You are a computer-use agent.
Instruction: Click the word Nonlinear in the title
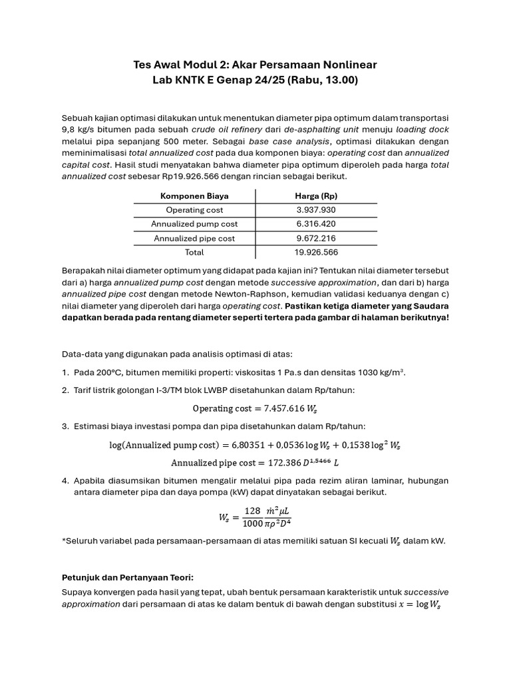point(343,65)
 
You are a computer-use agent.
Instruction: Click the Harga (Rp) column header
point(316,196)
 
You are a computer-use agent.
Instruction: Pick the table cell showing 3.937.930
point(316,210)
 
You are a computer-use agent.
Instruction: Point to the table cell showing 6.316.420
point(316,224)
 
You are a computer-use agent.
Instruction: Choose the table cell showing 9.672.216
point(316,238)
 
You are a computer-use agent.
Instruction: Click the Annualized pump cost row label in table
point(194,224)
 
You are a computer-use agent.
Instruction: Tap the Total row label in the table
point(194,252)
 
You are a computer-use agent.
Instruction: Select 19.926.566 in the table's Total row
point(316,252)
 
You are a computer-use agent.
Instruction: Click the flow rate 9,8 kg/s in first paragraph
point(79,129)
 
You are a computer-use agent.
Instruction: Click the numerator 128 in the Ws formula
point(252,511)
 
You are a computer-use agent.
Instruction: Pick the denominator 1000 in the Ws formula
point(252,524)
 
